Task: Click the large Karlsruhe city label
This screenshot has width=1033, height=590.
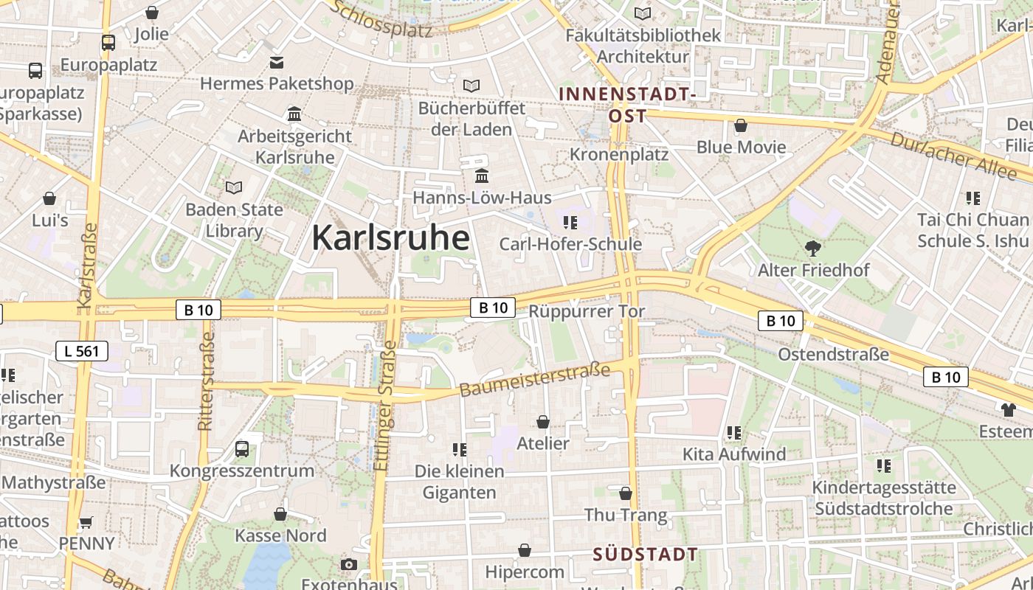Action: [x=390, y=237]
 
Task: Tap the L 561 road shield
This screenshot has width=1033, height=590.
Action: [x=82, y=351]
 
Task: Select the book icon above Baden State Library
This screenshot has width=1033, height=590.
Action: [x=234, y=187]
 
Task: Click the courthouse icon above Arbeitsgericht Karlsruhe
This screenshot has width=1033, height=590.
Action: [x=294, y=114]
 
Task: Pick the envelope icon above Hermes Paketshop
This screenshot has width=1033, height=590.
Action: [x=277, y=62]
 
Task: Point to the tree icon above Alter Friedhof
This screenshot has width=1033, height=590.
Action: [x=813, y=248]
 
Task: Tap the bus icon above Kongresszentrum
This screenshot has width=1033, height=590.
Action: [x=241, y=448]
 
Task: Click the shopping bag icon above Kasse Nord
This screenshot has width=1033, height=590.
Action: [x=280, y=513]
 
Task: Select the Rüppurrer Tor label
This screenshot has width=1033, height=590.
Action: [x=587, y=311]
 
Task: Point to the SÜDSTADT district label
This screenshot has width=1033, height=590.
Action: [x=646, y=555]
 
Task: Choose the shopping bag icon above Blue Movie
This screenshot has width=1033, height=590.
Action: [x=741, y=125]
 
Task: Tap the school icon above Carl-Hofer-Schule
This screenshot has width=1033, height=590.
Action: [x=570, y=222]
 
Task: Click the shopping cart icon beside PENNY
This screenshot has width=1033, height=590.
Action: [x=86, y=522]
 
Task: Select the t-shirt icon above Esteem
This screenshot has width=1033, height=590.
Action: [x=1008, y=409]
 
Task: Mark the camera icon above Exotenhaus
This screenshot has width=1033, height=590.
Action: [x=349, y=565]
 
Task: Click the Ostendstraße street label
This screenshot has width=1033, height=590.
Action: [x=834, y=355]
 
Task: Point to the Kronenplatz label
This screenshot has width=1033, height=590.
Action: [x=619, y=155]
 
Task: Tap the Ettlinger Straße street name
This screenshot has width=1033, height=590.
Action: [x=384, y=410]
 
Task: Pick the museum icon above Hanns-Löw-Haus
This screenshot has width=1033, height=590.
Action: [x=483, y=176]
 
